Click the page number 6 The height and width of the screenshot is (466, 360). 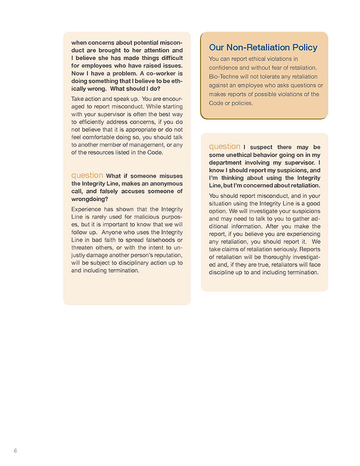pos(15,451)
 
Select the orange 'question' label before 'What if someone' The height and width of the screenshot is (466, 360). pos(87,175)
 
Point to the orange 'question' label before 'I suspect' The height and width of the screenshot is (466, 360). pos(225,147)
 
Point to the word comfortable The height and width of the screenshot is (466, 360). pos(98,137)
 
